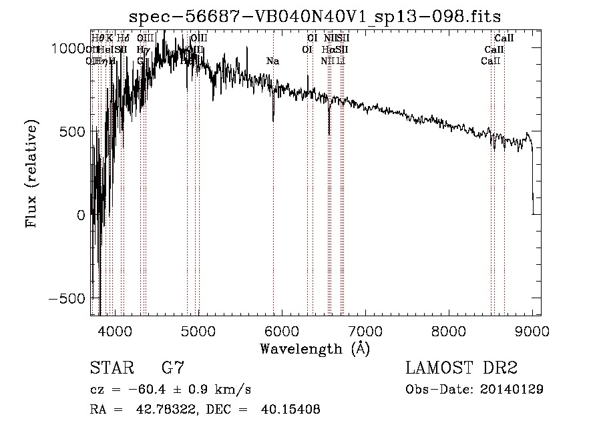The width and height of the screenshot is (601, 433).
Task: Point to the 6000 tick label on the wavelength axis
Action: point(281,330)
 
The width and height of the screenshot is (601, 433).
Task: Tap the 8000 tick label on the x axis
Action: point(448,330)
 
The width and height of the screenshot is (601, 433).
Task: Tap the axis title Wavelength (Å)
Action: point(315,348)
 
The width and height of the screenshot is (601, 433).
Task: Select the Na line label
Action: point(272,61)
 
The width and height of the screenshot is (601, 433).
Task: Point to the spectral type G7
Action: point(173,368)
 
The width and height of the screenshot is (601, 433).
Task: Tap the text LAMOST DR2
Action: point(461,368)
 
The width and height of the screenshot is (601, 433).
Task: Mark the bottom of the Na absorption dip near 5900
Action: point(273,121)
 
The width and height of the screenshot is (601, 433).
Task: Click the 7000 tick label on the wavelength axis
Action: point(365,330)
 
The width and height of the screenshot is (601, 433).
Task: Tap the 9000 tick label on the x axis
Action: point(532,330)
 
